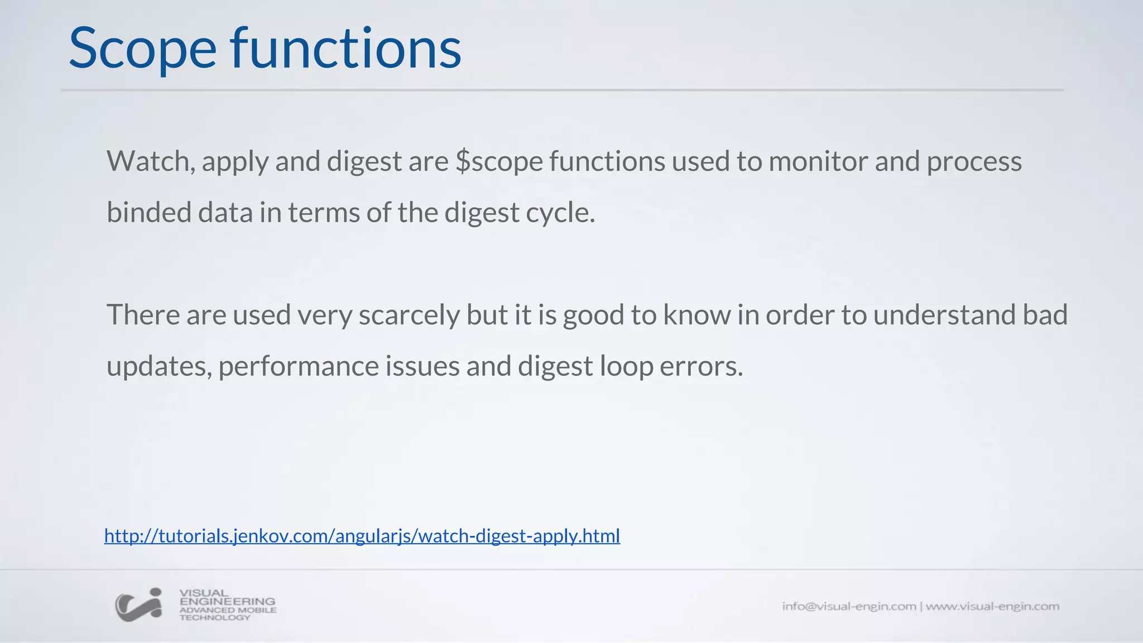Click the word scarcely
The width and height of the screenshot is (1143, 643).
(409, 315)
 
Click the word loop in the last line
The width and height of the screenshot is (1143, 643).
(626, 367)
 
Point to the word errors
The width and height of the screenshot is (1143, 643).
(702, 367)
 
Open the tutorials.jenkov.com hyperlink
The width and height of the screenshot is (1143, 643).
(362, 536)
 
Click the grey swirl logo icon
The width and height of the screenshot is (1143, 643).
(139, 604)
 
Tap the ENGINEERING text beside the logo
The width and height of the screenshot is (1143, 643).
(227, 602)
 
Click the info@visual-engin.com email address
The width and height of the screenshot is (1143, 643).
(848, 606)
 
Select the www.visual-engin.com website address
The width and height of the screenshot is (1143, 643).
(992, 606)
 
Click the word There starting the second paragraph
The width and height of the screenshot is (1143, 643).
(143, 315)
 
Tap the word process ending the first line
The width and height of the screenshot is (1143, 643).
(974, 162)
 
